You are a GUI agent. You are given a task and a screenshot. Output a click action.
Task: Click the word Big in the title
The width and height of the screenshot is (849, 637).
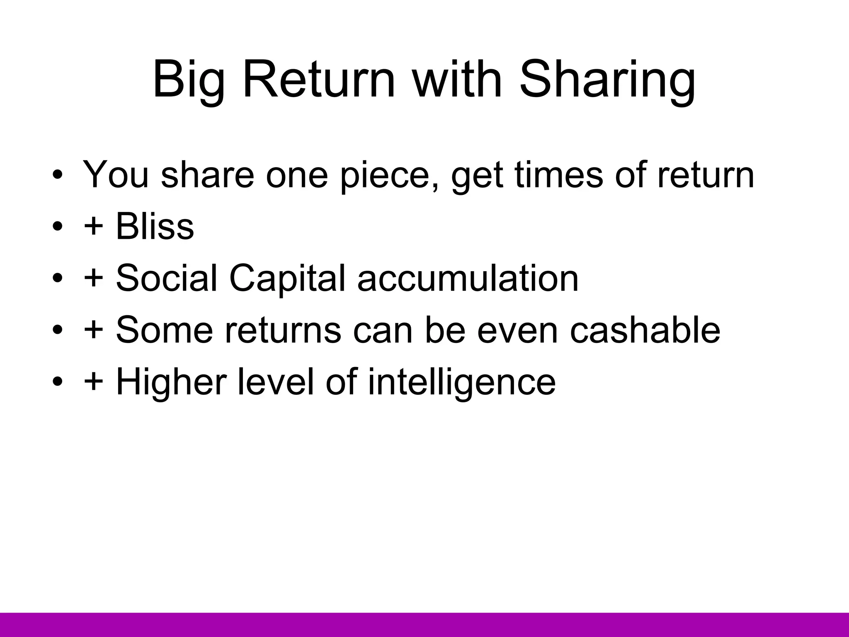point(189,81)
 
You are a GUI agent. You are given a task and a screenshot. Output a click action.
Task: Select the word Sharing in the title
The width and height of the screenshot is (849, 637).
point(607,81)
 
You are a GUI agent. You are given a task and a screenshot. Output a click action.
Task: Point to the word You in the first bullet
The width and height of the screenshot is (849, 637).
point(116,174)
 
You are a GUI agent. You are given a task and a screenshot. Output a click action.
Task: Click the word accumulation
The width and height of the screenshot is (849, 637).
point(468,278)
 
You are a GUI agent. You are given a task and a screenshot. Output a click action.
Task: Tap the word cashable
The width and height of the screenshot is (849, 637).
point(645,330)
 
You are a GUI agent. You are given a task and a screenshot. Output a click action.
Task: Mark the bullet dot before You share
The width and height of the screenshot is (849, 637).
point(58,175)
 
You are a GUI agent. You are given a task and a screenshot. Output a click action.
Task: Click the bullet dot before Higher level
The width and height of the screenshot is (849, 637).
point(58,382)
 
